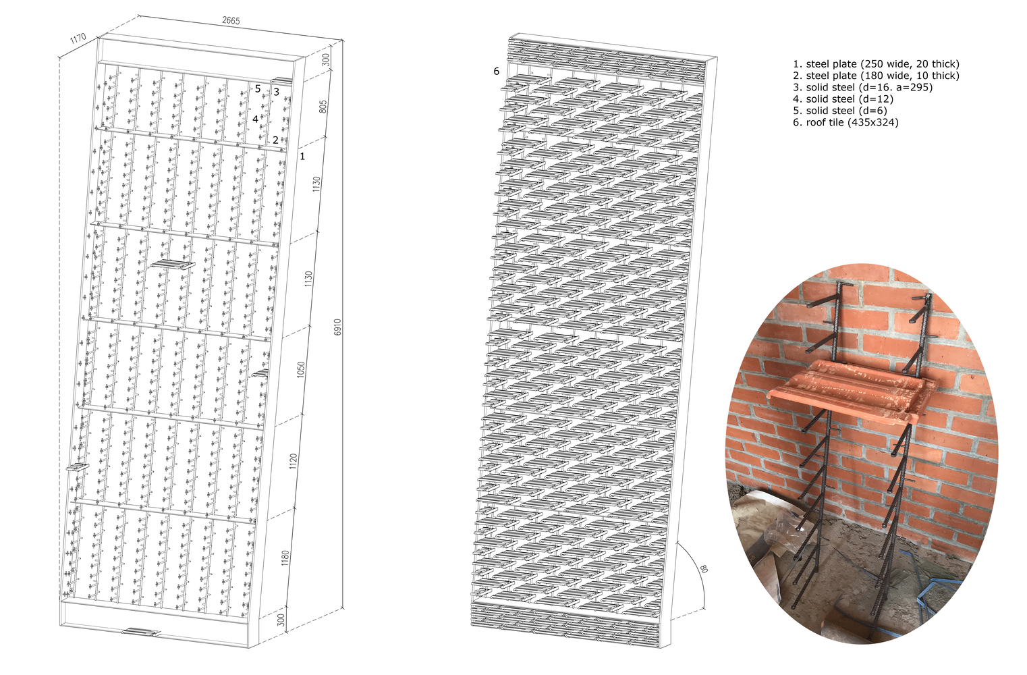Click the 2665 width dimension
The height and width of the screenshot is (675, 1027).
[231, 21]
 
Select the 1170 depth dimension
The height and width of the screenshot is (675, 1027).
[78, 38]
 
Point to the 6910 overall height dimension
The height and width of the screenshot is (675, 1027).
[338, 327]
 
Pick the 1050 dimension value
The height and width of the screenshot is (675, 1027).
[301, 370]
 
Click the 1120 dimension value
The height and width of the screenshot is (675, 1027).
[294, 461]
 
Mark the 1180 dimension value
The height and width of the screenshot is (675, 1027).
[285, 558]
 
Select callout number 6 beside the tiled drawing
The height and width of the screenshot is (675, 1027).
[496, 71]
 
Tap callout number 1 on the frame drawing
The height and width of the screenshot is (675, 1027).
[302, 157]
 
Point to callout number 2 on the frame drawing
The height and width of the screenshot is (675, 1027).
[275, 140]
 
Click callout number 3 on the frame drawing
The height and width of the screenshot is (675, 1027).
[277, 92]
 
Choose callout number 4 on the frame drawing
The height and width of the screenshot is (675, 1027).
[255, 119]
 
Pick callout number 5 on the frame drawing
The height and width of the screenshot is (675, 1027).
[258, 89]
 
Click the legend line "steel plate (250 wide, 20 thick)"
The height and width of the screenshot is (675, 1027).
[883, 64]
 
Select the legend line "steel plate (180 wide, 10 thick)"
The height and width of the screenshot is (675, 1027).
[883, 76]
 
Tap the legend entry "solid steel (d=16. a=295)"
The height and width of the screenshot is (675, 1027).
[869, 87]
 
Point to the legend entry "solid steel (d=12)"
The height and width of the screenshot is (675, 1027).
[850, 99]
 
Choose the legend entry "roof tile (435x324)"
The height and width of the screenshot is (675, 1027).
[852, 122]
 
